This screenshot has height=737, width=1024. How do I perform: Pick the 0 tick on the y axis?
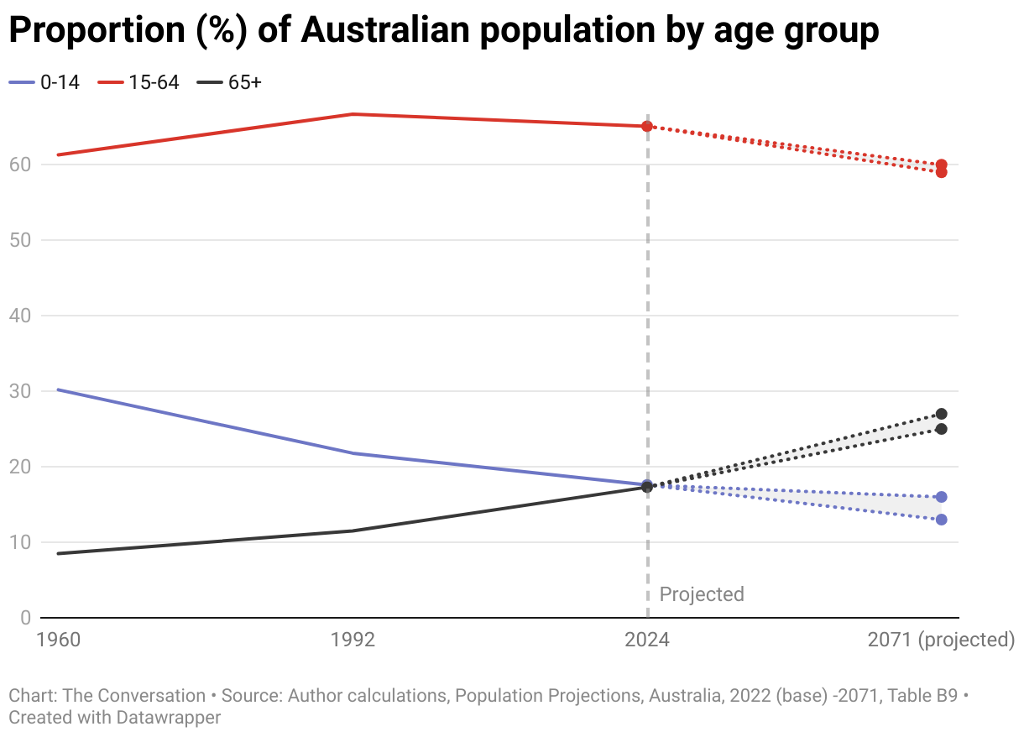(x=24, y=618)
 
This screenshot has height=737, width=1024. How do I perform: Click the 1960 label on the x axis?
(x=58, y=640)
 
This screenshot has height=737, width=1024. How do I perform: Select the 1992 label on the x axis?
(x=353, y=640)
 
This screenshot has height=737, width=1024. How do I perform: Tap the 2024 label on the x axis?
(x=647, y=640)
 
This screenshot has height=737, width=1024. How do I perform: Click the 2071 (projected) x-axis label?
(x=941, y=640)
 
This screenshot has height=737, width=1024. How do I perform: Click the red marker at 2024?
(x=647, y=126)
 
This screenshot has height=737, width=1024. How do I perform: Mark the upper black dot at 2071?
(x=942, y=414)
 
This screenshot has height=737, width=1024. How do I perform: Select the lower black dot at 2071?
(x=942, y=429)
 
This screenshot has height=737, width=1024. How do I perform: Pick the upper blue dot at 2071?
(x=942, y=497)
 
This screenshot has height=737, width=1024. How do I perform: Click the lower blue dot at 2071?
(x=942, y=520)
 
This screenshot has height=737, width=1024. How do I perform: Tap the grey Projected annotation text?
(x=702, y=594)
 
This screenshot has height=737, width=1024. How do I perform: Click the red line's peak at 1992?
(x=353, y=114)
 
